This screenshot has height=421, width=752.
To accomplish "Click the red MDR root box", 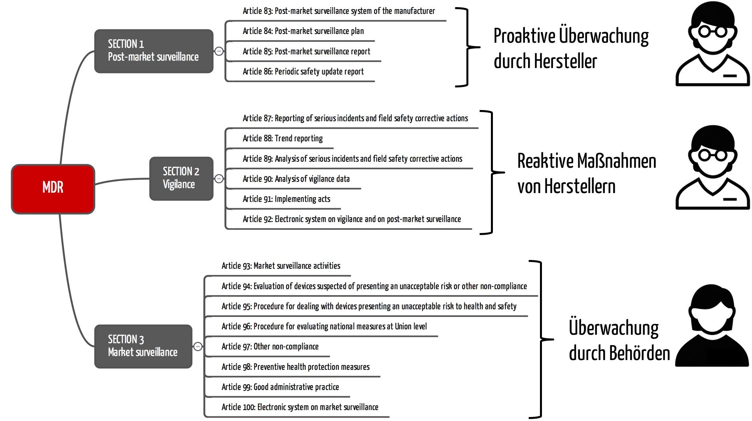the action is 53,189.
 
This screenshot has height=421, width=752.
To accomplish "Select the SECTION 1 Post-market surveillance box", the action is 153,51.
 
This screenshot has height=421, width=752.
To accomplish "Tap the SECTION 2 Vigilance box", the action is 181,178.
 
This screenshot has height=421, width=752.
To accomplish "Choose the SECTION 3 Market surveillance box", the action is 143,346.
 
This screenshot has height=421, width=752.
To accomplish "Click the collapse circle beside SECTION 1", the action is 219,51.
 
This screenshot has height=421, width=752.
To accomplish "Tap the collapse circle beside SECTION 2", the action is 219,179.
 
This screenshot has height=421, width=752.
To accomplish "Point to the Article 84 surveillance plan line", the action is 303,31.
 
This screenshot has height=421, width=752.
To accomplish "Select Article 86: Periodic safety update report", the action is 303,72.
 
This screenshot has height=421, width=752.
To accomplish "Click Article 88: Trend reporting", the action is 283,138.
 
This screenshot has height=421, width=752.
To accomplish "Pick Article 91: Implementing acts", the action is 286,199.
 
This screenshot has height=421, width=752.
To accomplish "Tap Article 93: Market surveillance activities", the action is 281,266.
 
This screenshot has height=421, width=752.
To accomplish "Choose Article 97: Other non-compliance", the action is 270,347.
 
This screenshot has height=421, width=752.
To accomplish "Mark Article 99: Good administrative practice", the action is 280,387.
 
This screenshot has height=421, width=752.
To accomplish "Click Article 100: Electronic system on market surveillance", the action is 300,407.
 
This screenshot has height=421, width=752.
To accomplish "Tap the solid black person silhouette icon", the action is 712,325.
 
